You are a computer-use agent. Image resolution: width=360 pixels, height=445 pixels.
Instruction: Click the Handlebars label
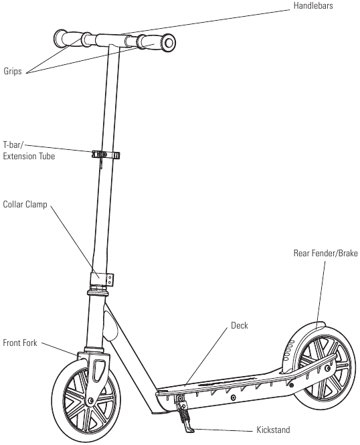(313, 5)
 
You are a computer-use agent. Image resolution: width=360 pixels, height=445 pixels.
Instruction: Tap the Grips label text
(13, 71)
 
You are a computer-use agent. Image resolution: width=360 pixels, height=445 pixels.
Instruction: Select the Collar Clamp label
(25, 204)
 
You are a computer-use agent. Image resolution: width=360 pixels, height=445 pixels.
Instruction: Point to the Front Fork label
(20, 343)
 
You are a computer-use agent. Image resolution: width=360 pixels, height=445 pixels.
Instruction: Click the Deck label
(240, 325)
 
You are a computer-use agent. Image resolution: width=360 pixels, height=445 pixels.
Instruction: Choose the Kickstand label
(273, 430)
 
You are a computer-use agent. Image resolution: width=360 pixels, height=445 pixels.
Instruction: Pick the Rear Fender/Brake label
(326, 253)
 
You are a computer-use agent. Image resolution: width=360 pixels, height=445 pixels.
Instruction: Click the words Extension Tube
(29, 156)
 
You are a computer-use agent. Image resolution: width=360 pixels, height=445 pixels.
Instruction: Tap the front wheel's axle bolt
(91, 400)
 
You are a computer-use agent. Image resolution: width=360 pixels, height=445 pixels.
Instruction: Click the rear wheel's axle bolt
(328, 368)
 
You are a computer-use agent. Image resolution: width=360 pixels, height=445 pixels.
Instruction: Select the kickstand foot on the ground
(189, 428)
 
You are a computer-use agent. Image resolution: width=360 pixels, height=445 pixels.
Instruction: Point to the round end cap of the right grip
(169, 43)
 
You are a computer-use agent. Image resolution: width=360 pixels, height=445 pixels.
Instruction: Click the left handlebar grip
(72, 39)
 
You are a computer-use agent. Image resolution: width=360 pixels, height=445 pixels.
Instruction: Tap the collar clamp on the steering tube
(102, 279)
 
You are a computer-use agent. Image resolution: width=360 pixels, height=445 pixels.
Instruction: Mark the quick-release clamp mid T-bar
(106, 155)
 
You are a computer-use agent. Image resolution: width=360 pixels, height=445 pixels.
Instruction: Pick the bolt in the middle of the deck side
(233, 397)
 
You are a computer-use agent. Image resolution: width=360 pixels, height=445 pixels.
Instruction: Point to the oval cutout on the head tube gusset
(110, 326)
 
